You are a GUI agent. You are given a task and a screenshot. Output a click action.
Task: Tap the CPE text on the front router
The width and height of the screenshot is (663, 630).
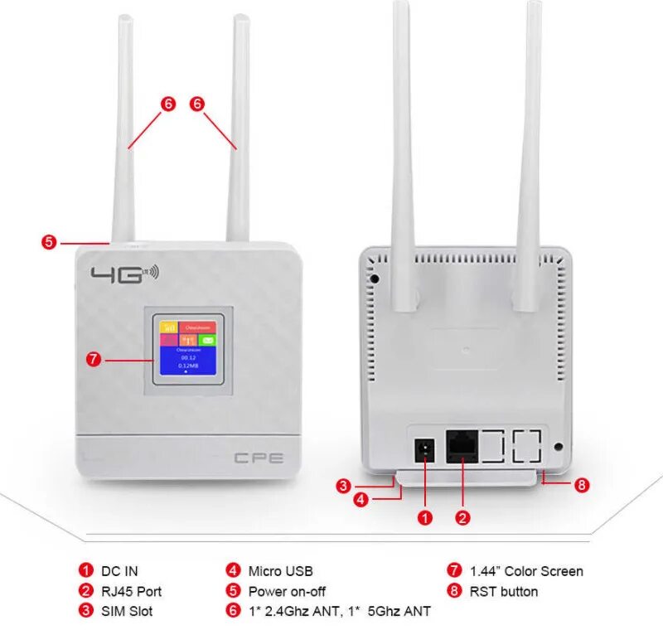point(259,457)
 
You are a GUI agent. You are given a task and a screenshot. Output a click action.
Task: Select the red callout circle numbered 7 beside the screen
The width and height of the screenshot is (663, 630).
point(94,360)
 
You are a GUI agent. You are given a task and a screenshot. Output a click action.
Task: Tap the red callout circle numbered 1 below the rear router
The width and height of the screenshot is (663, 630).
point(425,518)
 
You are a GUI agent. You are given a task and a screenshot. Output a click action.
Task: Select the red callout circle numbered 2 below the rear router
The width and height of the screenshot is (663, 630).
point(463,518)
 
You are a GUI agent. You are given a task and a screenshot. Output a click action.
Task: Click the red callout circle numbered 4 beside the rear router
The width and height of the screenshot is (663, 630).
point(361,499)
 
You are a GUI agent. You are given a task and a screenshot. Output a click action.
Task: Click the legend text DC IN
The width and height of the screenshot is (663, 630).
point(119,571)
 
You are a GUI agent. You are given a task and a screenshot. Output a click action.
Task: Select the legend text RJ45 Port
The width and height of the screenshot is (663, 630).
point(131,591)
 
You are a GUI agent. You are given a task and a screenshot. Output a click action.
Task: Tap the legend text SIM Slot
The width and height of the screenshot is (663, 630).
point(127,611)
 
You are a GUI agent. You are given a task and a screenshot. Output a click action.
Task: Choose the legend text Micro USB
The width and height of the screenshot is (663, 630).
point(280,571)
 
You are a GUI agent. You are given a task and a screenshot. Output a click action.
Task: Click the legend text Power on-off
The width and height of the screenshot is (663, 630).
point(287,591)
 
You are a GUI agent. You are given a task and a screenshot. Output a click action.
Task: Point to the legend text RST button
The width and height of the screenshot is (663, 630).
point(503,591)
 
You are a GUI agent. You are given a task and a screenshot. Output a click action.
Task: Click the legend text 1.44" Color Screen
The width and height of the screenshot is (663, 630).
point(525,571)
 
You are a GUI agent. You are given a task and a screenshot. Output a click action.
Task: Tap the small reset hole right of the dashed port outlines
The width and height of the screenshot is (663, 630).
point(558,447)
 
